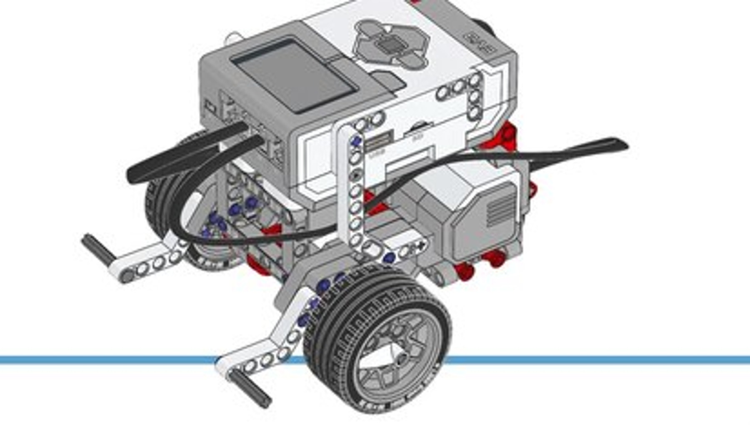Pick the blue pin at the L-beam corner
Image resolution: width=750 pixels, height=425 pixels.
[389, 258]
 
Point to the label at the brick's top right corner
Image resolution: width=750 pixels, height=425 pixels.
[479, 42]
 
